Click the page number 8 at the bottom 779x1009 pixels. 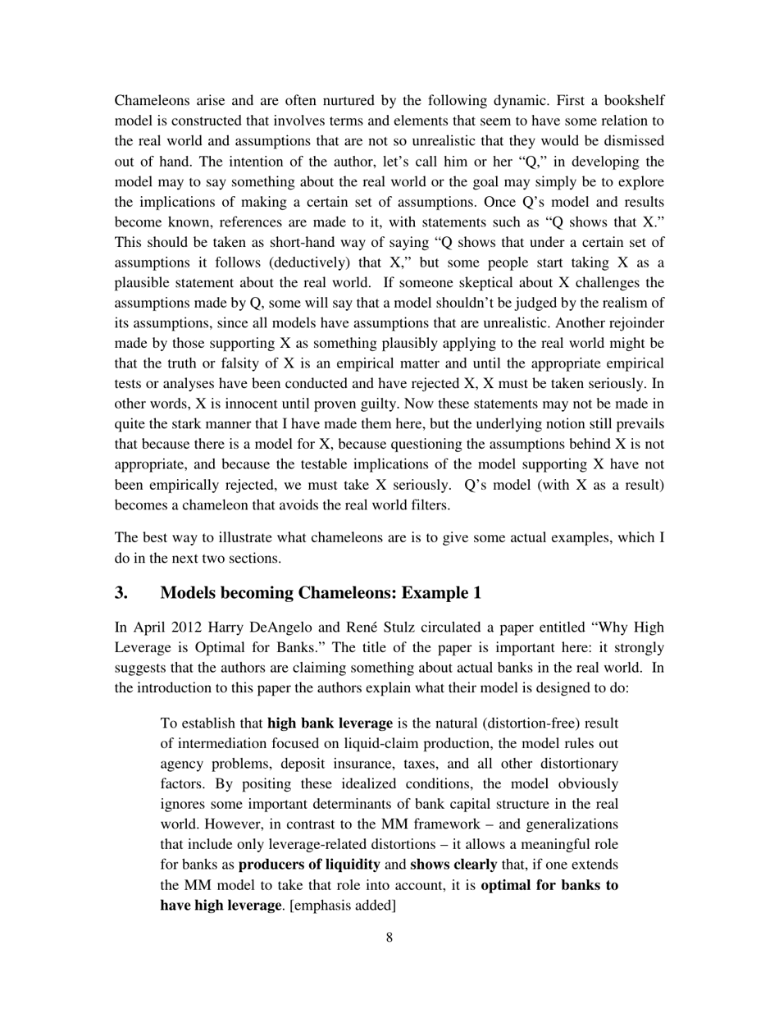pyautogui.click(x=389, y=938)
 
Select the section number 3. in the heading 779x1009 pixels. pyautogui.click(x=122, y=592)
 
